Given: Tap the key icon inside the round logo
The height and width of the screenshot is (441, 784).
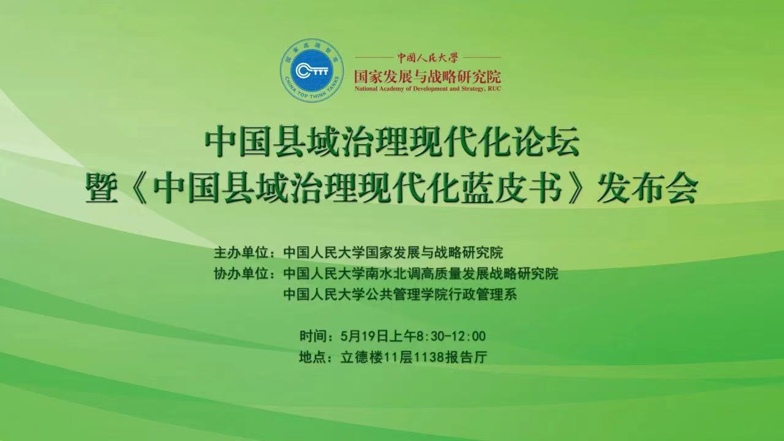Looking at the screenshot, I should click(312, 70).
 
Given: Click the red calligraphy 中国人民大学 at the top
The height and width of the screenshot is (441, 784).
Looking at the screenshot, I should click(428, 58).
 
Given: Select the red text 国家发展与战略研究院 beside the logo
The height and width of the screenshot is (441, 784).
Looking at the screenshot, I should click(428, 77).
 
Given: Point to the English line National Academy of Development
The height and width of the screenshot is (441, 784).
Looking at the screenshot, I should click(428, 89).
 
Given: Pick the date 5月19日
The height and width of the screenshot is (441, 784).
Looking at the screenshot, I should click(366, 336).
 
